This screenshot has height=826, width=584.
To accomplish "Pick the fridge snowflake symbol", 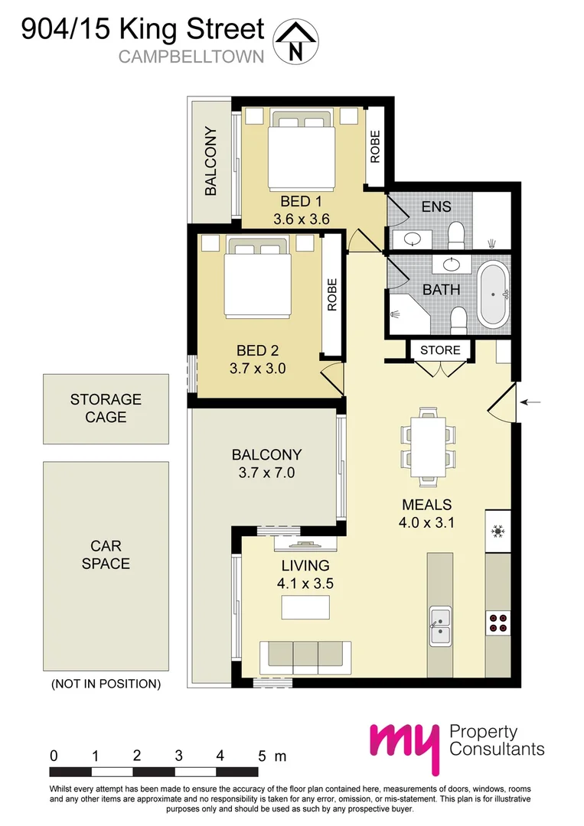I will [498, 530].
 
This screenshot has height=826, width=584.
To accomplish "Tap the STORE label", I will [441, 350].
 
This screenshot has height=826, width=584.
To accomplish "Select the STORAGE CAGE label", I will [106, 408].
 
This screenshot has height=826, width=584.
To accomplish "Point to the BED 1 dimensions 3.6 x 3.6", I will [301, 219].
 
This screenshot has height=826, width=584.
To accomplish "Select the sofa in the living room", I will [305, 655].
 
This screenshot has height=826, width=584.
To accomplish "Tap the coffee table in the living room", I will [305, 607].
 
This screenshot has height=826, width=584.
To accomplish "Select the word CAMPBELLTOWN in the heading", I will [191, 56].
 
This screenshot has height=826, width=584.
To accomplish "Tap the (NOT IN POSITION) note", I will [106, 684].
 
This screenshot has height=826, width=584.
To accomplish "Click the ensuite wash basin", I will [414, 237].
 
